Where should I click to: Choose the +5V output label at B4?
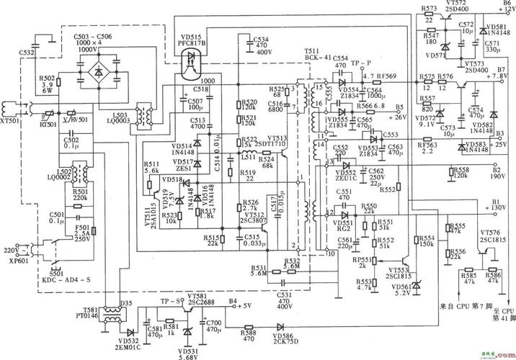click(x=244, y=306)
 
